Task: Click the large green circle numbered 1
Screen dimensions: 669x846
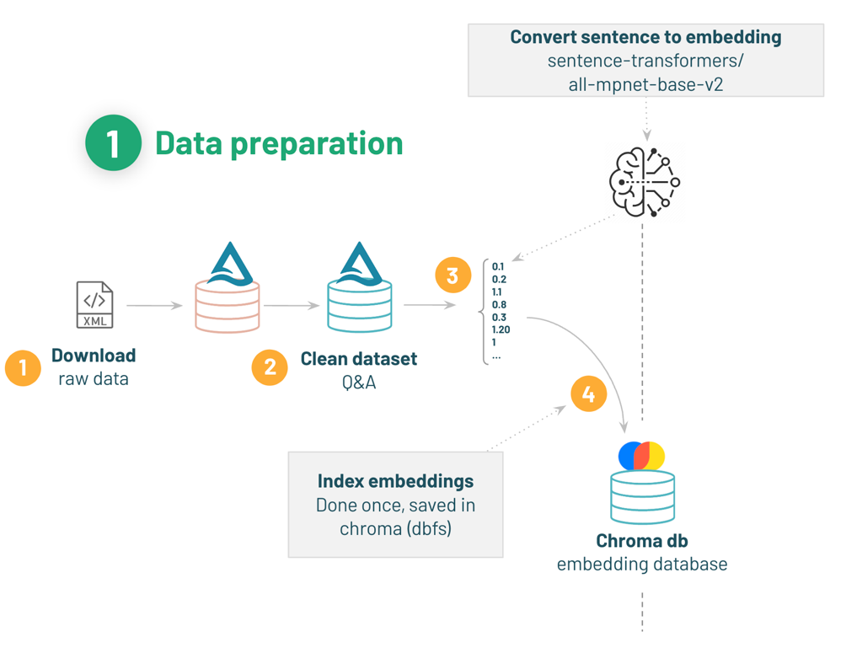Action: (113, 143)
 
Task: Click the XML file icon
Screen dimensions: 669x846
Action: (94, 305)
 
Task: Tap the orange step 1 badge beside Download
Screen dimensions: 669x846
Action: (23, 367)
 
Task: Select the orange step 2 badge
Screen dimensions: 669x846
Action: (270, 367)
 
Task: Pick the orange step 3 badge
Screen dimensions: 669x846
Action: (452, 276)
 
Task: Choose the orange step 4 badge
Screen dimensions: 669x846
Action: (588, 394)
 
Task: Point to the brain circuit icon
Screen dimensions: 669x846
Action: (644, 181)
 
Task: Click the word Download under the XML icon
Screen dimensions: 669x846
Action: (94, 356)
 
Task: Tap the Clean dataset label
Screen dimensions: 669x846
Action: (359, 359)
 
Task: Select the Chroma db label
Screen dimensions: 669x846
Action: (642, 541)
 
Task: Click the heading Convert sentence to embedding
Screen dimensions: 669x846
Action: (645, 38)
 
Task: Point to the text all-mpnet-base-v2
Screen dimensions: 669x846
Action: (645, 84)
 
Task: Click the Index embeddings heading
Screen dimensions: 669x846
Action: (395, 481)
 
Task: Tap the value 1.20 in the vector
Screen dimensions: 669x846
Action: (501, 330)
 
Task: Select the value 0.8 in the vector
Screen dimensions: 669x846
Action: (499, 305)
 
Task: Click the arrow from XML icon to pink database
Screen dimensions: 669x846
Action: (154, 306)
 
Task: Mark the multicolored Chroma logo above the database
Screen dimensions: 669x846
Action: (642, 456)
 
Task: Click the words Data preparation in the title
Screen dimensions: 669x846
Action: (279, 143)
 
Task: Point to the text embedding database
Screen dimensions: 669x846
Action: (642, 565)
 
